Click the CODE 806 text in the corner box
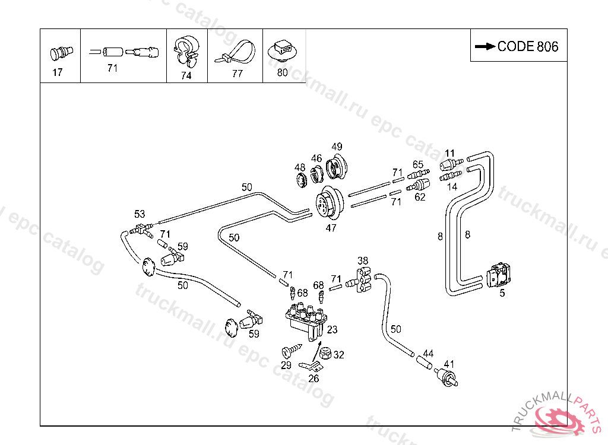(x=528, y=46)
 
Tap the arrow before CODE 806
(x=485, y=46)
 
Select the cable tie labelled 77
(x=236, y=53)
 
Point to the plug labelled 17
(x=59, y=53)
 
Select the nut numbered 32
(x=325, y=353)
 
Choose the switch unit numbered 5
(x=499, y=276)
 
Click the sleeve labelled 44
(x=426, y=361)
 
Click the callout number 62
(x=420, y=197)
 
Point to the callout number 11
(x=449, y=153)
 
